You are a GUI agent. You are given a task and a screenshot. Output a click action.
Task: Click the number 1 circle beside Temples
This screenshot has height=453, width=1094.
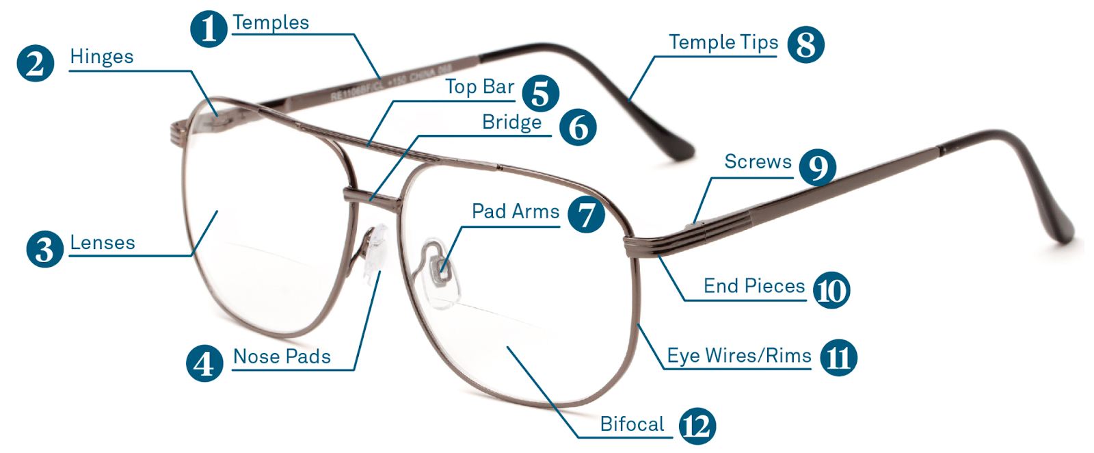pos(209,29)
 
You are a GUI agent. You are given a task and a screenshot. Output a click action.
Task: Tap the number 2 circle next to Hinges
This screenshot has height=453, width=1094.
pos(35,64)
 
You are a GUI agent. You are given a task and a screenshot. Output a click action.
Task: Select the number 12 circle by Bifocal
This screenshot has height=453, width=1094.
pos(697,426)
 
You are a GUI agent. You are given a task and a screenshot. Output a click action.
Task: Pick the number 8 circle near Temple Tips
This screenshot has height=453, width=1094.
pos(806,44)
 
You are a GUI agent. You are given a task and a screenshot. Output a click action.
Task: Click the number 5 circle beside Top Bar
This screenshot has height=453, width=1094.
pos(541,93)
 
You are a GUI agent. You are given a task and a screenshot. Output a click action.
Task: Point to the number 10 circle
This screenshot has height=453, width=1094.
pos(831,290)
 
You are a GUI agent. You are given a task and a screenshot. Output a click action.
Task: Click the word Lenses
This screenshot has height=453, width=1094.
pos(103,242)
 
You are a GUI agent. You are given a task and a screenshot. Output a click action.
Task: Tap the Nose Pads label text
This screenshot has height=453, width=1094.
pos(282,357)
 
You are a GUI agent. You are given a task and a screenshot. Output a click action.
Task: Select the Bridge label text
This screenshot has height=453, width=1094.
pos(512,122)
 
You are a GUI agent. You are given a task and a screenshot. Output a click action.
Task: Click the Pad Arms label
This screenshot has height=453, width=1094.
pos(516,211)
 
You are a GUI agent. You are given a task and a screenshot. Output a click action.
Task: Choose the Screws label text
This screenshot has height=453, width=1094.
pos(758,161)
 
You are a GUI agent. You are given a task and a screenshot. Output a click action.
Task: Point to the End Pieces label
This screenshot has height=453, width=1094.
pos(754,286)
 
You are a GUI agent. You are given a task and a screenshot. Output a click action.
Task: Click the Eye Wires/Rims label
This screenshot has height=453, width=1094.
pos(739,356)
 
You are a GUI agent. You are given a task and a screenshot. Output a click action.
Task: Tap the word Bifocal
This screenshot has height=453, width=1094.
pos(632,424)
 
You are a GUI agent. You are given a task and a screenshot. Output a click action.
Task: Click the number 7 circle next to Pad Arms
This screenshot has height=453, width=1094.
pos(586,215)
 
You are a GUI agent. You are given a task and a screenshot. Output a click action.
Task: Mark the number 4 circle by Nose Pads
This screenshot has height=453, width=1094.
pos(204,363)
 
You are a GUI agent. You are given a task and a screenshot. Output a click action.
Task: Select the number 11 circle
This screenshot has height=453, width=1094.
pos(838,358)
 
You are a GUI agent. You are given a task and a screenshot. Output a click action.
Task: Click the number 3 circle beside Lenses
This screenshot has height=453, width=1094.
pos(45,249)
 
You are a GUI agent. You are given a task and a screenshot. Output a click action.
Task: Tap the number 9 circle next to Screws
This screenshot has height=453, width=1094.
pos(818,167)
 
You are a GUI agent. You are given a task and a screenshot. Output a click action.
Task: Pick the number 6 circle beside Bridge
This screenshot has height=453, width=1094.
pos(578,127)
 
